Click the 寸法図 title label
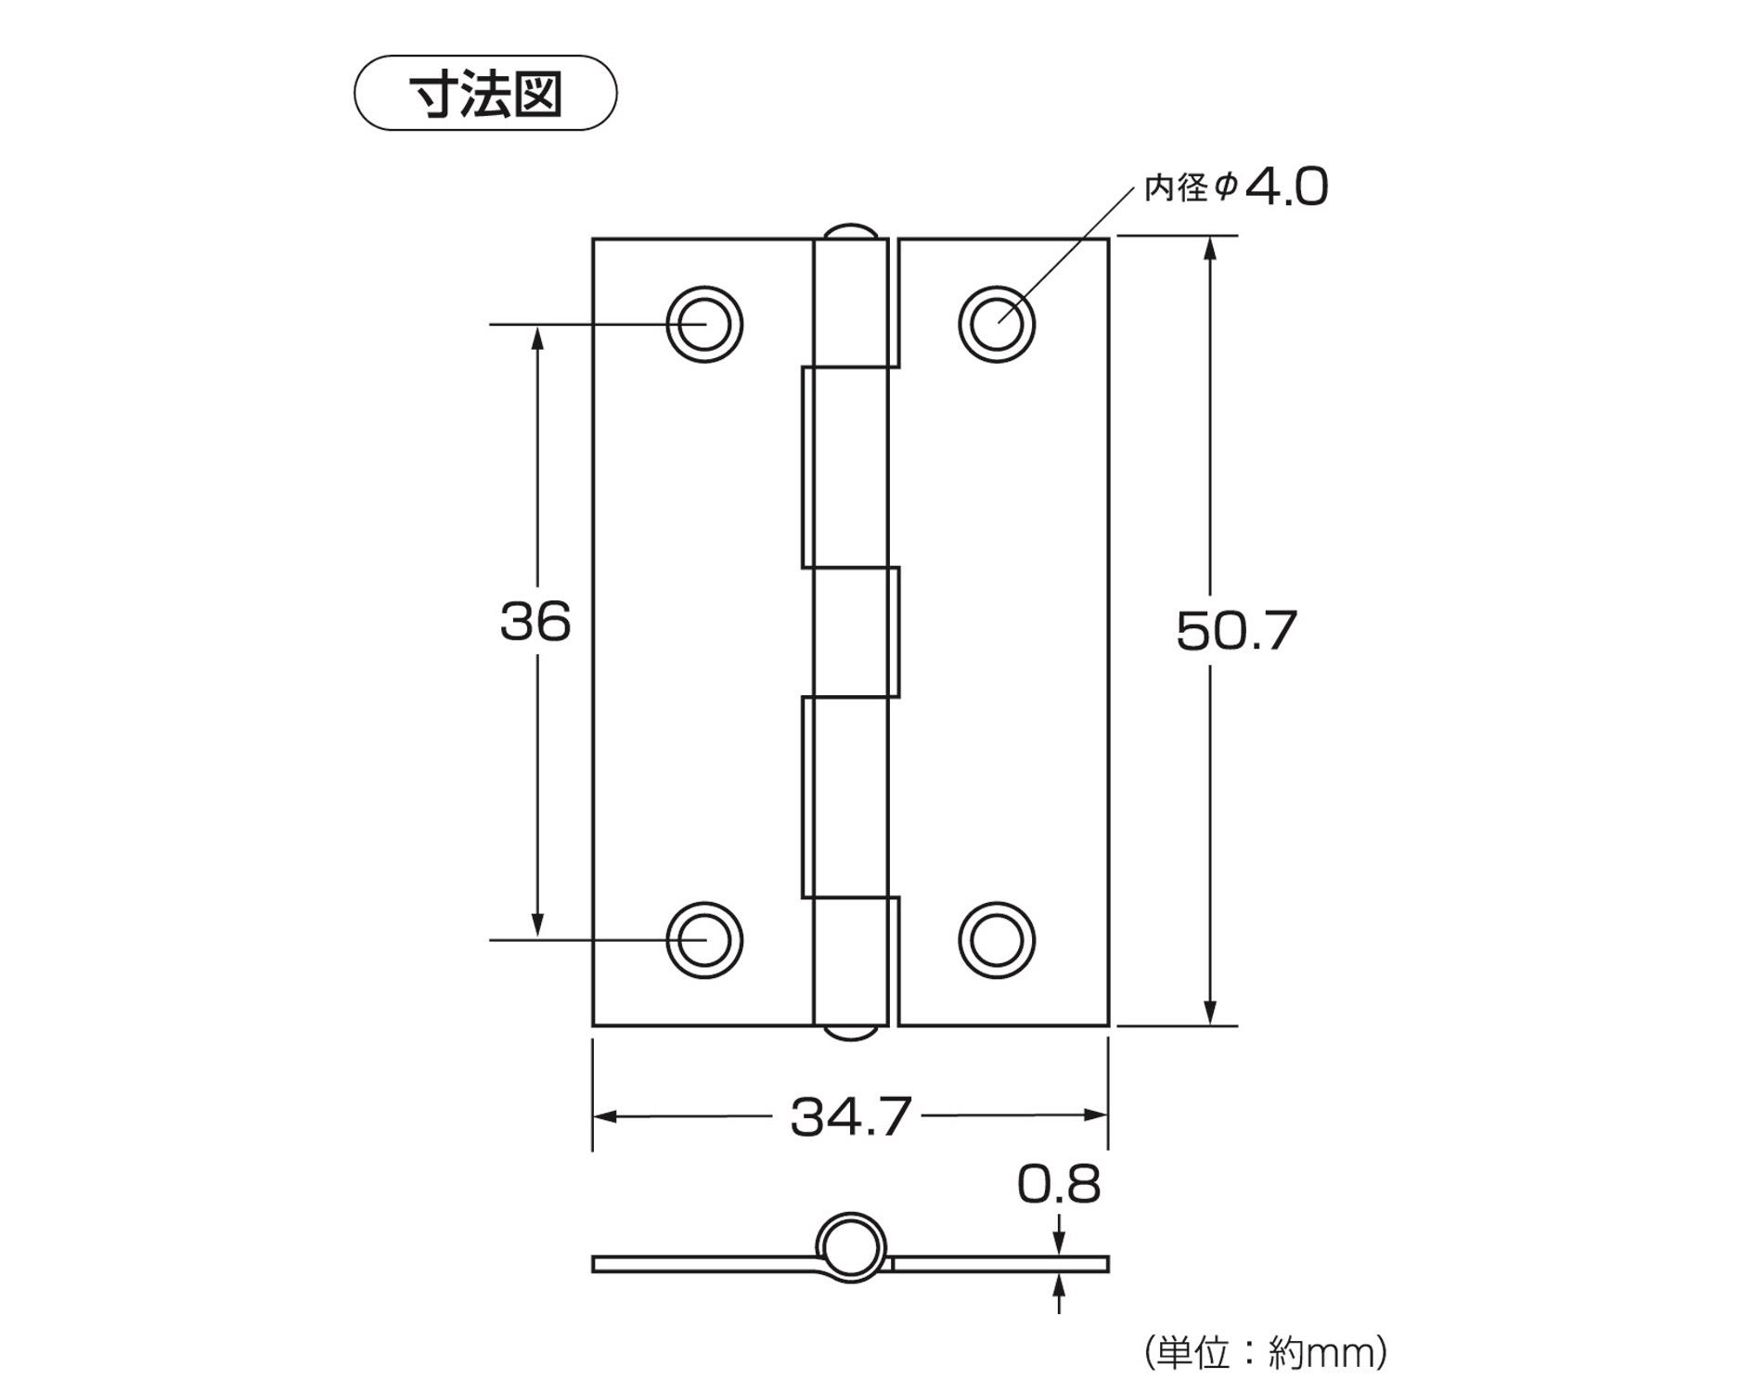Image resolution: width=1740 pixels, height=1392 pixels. pyautogui.click(x=485, y=94)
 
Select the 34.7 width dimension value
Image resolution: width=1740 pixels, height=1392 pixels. pyautogui.click(x=850, y=1117)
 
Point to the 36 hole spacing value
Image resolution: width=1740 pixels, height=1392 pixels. pyautogui.click(x=535, y=622)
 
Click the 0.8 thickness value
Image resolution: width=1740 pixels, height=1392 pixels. pyautogui.click(x=1058, y=1185)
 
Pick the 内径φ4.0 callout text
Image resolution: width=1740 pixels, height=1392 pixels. pyautogui.click(x=1235, y=187)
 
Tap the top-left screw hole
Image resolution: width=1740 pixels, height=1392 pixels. pyautogui.click(x=704, y=325)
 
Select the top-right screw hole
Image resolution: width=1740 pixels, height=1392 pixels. pyautogui.click(x=997, y=325)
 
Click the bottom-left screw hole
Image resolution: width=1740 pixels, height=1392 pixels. pyautogui.click(x=704, y=940)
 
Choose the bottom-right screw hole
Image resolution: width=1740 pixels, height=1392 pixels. pyautogui.click(x=997, y=940)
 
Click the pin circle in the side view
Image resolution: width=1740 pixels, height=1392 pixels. pyautogui.click(x=850, y=1248)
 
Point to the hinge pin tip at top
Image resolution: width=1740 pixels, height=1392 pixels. pyautogui.click(x=850, y=230)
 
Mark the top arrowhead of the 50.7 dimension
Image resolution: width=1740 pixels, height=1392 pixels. pyautogui.click(x=1209, y=249)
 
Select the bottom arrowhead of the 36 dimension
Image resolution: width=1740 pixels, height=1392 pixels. pyautogui.click(x=536, y=925)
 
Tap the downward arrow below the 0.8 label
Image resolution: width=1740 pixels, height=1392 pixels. pyautogui.click(x=1060, y=1243)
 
